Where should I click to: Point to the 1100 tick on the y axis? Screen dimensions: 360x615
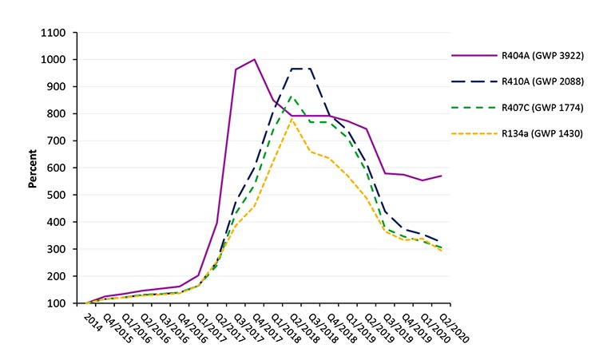pyautogui.click(x=54, y=33)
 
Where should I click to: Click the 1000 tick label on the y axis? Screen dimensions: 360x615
pyautogui.click(x=54, y=60)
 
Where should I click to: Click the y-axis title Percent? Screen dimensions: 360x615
pyautogui.click(x=33, y=168)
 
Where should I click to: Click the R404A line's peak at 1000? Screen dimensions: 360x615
pyautogui.click(x=255, y=59)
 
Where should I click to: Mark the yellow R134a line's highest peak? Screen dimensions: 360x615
pyautogui.click(x=292, y=119)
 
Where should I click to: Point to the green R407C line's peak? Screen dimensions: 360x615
pyautogui.click(x=292, y=97)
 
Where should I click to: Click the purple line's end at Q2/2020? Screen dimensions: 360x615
pyautogui.click(x=442, y=176)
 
